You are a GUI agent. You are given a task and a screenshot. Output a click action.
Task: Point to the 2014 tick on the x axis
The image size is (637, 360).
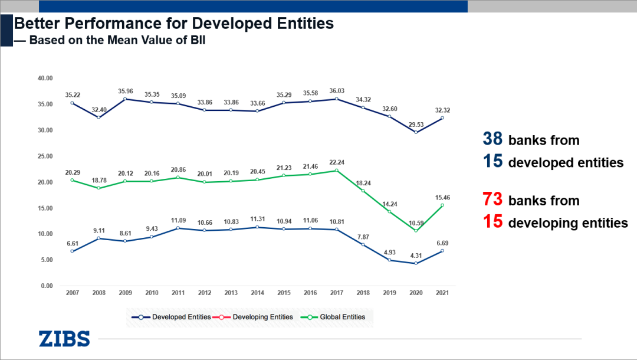coord(257,293)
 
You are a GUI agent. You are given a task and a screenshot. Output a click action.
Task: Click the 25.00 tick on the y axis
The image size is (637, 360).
coord(45,156)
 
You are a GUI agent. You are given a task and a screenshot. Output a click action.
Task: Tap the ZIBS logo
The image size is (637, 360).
coord(64,339)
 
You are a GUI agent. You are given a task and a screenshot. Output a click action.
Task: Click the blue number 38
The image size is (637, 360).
coord(492,139)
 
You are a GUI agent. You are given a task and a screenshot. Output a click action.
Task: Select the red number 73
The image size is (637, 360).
coord(492,199)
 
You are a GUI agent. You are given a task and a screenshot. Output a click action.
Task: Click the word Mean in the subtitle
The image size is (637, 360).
coord(140,41)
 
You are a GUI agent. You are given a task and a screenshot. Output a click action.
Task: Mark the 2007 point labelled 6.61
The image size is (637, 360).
coord(73,251)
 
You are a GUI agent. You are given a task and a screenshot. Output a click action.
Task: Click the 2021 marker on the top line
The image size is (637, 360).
coord(442,118)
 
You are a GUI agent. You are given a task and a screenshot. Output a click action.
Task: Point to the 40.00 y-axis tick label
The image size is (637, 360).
coord(45,78)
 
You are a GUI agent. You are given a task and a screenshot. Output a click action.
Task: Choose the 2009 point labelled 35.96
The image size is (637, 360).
coord(125,99)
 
